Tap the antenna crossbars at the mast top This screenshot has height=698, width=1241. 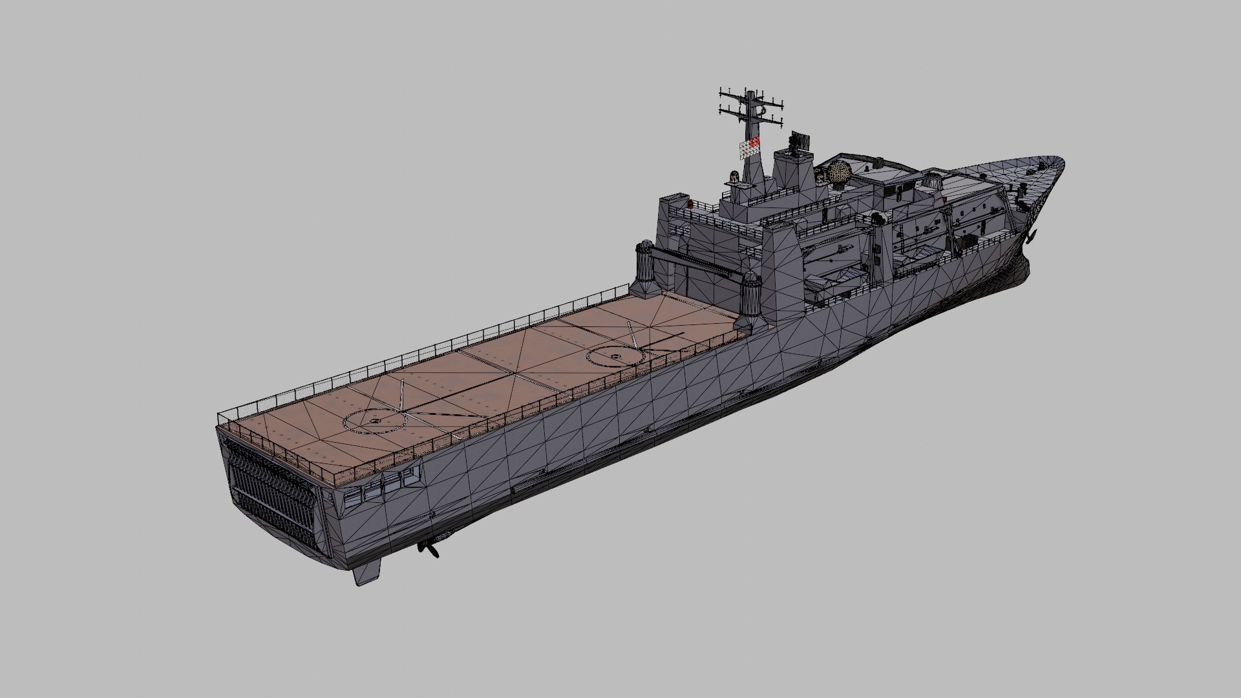pos(750,107)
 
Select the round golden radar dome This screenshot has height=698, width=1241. pos(840,173)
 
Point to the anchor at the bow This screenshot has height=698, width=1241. pos(1030,237)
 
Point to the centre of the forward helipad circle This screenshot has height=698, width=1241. pos(614,356)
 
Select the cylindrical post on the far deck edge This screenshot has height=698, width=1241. pos(646,266)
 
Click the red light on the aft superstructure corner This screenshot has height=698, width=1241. pos(690,205)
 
